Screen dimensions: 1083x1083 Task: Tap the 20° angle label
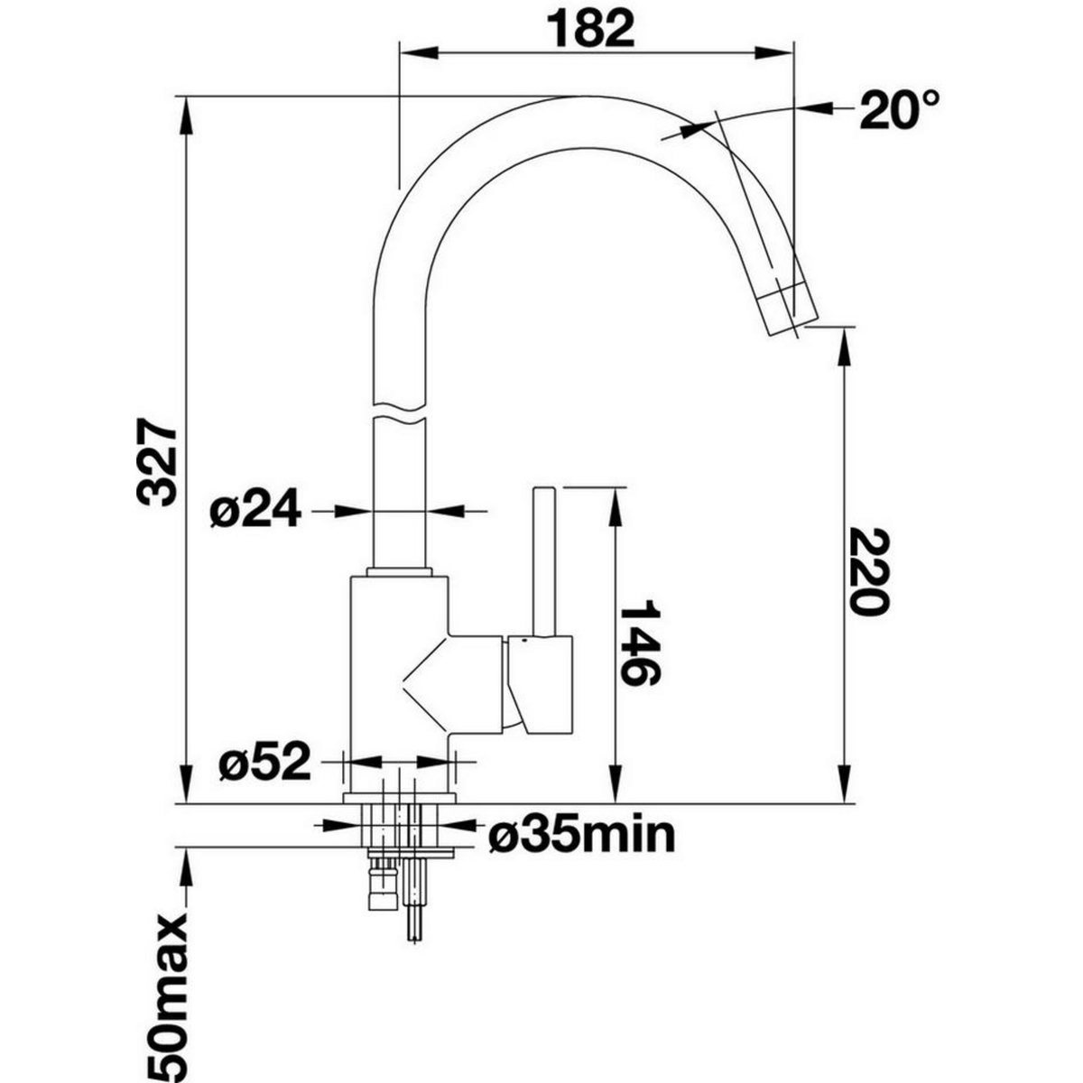pos(897,110)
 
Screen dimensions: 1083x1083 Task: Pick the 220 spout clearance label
pos(868,570)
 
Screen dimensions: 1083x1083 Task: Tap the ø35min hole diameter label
pos(581,836)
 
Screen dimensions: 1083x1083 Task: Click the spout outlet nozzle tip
pos(788,312)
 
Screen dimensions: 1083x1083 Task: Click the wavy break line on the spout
pos(398,411)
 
